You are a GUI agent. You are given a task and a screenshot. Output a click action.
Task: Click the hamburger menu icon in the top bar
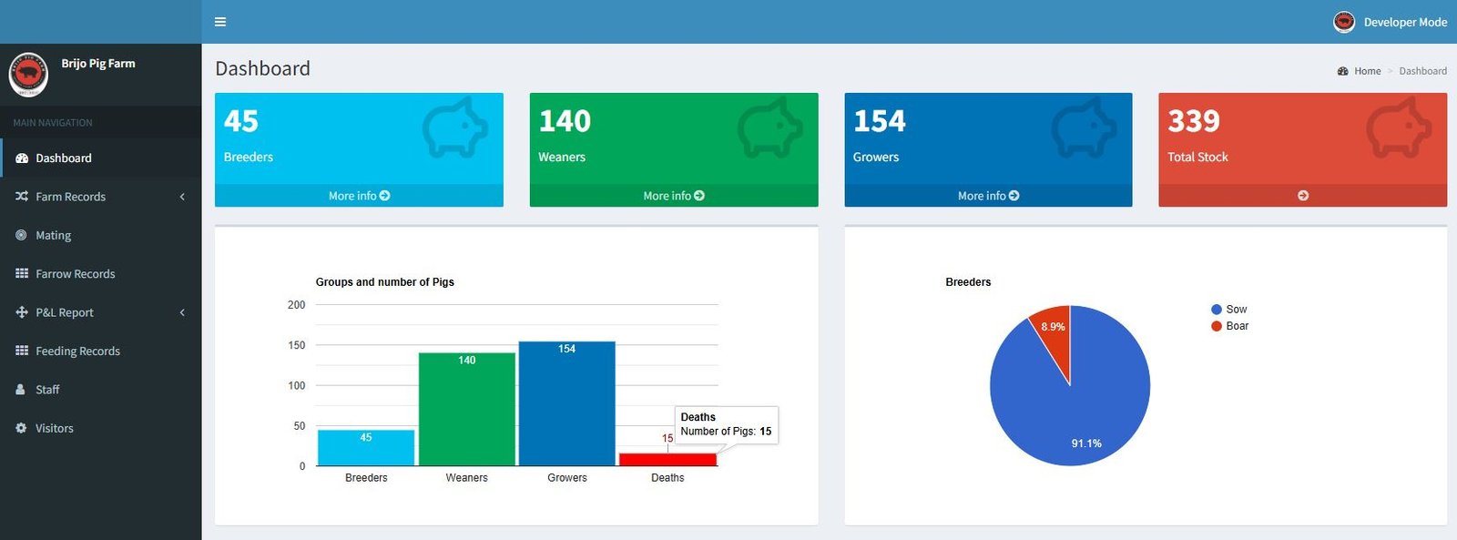[x=220, y=22]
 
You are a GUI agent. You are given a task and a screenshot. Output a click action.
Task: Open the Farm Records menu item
[x=70, y=197]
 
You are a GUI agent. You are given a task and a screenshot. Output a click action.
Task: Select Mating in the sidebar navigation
[x=54, y=235]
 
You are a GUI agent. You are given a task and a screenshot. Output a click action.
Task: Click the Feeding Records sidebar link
[x=77, y=351]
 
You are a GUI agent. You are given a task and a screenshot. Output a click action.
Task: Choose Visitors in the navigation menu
[x=54, y=428]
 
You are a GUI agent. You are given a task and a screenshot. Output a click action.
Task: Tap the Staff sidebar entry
[x=46, y=390]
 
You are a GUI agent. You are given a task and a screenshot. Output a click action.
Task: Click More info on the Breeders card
[x=359, y=196]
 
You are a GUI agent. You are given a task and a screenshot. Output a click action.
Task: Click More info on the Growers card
[x=988, y=196]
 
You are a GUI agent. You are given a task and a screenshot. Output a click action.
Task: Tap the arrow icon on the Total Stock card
[x=1303, y=196]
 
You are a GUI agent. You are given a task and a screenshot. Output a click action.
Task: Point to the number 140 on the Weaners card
[x=565, y=121]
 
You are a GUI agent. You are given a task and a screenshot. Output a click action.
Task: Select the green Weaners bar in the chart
[x=467, y=409]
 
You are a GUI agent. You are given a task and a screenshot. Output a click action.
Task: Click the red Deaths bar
[x=668, y=459]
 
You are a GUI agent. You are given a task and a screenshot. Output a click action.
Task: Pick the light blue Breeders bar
[x=366, y=448]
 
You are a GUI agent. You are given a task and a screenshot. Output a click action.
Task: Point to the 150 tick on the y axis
[x=297, y=345]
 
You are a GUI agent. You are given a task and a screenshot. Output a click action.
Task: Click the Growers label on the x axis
[x=567, y=477]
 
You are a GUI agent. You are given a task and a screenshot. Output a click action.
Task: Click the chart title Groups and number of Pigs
[x=385, y=281]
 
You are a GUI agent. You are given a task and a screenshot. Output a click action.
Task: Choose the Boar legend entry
[x=1229, y=326]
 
